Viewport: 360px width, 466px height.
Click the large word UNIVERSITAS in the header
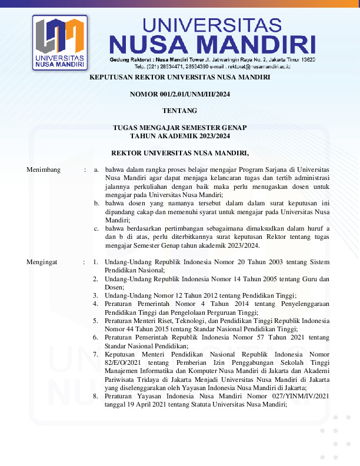(x=212, y=25)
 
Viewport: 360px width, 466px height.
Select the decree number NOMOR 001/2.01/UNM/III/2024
(x=179, y=94)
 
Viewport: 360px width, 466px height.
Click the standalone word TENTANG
(x=179, y=110)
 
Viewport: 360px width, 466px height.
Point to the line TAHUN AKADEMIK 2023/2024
(x=179, y=135)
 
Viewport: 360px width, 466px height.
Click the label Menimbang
(x=44, y=169)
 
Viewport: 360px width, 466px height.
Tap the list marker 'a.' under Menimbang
(x=96, y=169)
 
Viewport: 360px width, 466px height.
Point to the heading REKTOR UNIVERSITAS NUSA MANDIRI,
(x=179, y=152)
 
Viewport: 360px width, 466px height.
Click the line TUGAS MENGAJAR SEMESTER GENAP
(x=179, y=127)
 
